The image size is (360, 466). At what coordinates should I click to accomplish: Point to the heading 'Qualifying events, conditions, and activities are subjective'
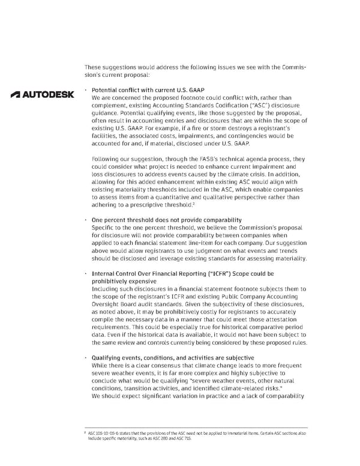pos(172,358)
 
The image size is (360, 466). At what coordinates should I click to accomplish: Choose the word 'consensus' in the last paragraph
pos(166,366)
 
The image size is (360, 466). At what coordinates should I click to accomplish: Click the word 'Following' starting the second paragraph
pos(106,160)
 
